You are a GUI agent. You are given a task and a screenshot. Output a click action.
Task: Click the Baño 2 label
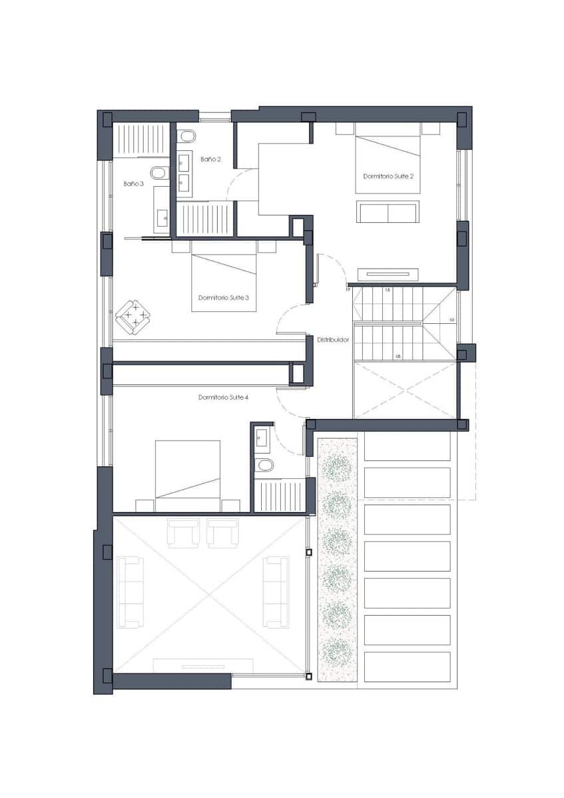point(210,159)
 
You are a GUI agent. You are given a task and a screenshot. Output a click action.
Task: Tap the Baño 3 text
point(133,183)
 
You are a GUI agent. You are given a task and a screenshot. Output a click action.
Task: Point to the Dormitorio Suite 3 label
point(224,298)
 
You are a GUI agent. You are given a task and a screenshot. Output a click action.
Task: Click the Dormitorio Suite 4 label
point(224,397)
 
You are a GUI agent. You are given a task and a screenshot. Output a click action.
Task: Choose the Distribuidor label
point(333,339)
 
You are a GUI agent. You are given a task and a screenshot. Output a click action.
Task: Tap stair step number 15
point(388,291)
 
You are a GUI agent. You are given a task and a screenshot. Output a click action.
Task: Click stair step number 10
point(451,320)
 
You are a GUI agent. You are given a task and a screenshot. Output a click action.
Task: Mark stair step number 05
point(398,356)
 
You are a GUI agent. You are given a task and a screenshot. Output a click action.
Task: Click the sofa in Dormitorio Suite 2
point(388,211)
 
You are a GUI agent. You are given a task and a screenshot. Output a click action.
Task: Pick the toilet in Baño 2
point(188,136)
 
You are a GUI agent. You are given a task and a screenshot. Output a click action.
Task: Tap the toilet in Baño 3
point(159,174)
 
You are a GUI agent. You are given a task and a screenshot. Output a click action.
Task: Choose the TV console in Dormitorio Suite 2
point(388,274)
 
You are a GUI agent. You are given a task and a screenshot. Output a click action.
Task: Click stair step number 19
point(348,290)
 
